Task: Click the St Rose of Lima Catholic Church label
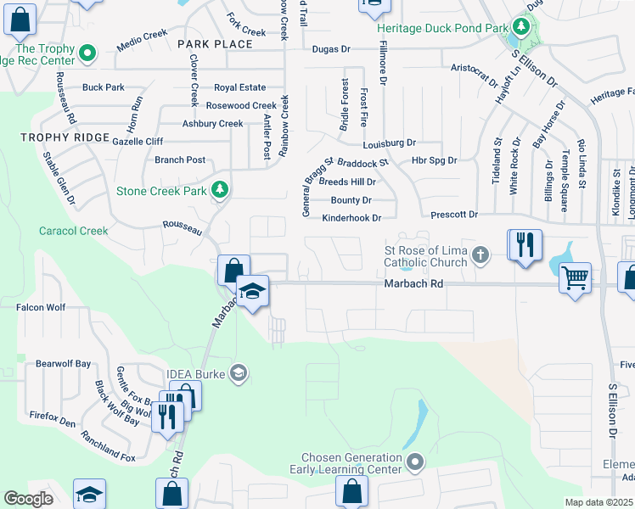pyautogui.click(x=425, y=256)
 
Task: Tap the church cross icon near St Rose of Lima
pyautogui.click(x=480, y=255)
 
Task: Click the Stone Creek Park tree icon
pyautogui.click(x=221, y=191)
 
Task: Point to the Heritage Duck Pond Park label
pyautogui.click(x=441, y=27)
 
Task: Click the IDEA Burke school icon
pyautogui.click(x=239, y=372)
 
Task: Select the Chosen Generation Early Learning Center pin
pyautogui.click(x=415, y=462)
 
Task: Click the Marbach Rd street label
pyautogui.click(x=414, y=285)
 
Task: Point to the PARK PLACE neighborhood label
pyautogui.click(x=215, y=44)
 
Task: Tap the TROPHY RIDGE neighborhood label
pyautogui.click(x=67, y=137)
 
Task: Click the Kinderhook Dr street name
pyautogui.click(x=351, y=218)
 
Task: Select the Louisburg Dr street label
pyautogui.click(x=388, y=143)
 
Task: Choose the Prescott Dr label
pyautogui.click(x=454, y=215)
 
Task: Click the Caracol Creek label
pyautogui.click(x=73, y=231)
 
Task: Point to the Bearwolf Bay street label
pyautogui.click(x=63, y=363)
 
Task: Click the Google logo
pyautogui.click(x=28, y=499)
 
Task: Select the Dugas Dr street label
pyautogui.click(x=331, y=49)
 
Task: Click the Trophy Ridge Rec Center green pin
pyautogui.click(x=87, y=55)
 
